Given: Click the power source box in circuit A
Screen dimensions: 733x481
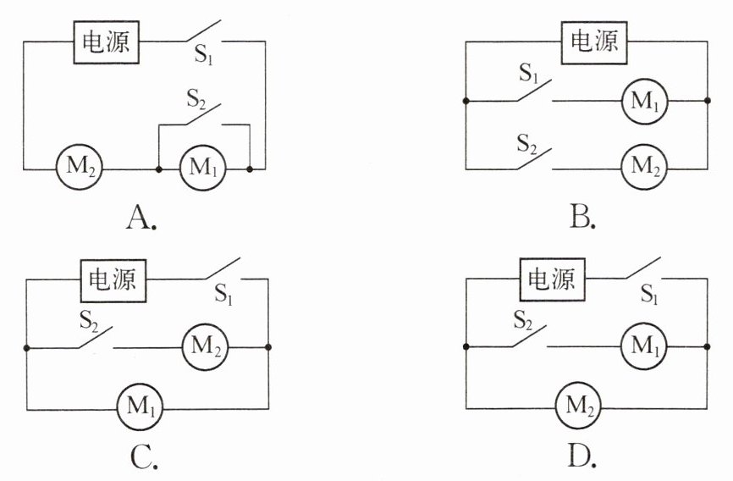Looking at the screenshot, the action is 106,42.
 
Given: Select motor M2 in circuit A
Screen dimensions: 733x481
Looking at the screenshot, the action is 79,167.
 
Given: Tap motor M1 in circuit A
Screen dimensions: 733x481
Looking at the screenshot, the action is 203,168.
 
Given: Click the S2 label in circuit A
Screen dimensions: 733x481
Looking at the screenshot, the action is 196,99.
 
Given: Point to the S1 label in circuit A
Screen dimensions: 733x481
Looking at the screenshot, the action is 203,55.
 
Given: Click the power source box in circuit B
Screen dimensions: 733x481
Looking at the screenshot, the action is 593,42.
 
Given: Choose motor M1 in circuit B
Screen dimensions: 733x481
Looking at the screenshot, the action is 644,101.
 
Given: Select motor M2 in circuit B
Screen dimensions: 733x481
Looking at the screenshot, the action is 644,167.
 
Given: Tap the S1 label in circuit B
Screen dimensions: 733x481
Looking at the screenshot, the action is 529,74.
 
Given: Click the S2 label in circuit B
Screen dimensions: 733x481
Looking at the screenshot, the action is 526,144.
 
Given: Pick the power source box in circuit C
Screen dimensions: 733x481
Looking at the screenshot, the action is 113,280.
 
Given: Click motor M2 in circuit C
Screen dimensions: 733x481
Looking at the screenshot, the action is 205,346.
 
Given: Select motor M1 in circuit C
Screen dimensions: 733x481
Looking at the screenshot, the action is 140,406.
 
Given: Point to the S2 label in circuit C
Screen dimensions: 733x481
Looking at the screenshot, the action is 89,321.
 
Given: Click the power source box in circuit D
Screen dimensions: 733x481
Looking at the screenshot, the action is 552,279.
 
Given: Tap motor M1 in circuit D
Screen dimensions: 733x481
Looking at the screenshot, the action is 644,346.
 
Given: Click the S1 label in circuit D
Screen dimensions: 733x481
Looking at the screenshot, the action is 649,294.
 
